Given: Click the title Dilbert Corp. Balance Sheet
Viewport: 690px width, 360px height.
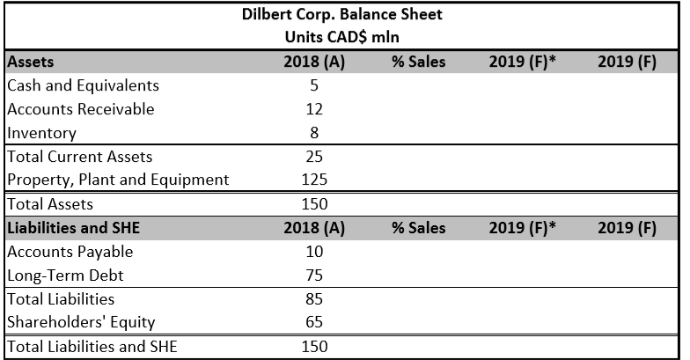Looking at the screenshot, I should [342, 15].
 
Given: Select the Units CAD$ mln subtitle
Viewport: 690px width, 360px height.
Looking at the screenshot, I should [342, 38].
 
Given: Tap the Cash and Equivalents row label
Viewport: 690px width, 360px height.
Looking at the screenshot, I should [83, 85].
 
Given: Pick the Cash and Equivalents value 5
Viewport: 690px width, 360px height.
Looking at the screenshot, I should [314, 85].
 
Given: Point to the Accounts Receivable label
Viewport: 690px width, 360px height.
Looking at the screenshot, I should [80, 109].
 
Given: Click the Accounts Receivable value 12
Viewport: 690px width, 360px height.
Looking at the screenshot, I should [314, 109].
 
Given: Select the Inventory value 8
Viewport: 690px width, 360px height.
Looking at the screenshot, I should [314, 133].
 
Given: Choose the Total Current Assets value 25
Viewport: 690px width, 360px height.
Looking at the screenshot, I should [314, 157].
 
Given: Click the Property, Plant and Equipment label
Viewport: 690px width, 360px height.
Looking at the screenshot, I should [118, 180].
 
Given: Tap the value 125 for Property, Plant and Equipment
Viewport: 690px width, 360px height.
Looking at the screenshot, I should [314, 180].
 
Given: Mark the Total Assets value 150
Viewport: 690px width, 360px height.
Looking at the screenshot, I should [314, 204].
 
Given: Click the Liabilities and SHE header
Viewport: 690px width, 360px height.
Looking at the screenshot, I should [74, 228].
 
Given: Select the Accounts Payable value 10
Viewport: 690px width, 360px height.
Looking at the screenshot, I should [314, 252].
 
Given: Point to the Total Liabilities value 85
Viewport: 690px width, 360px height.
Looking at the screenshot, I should [314, 299].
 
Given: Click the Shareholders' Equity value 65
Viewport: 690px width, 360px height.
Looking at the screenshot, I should [314, 322].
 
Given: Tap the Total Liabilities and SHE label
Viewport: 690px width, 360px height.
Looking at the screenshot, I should [92, 346].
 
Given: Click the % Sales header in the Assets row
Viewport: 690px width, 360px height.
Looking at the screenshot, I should [419, 62].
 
